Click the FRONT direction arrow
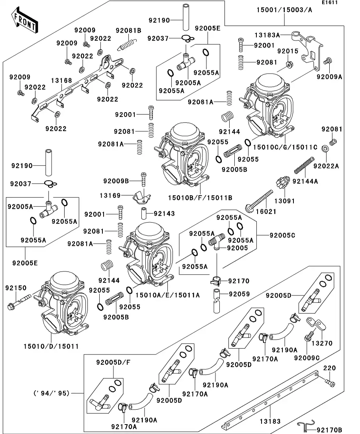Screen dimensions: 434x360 click(x=25, y=22)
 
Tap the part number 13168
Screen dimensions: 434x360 click(x=61, y=81)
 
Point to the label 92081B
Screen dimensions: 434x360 click(x=128, y=30)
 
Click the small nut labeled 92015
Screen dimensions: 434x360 click(x=289, y=64)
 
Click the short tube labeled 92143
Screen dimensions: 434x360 click(x=144, y=214)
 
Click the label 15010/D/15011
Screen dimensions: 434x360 click(x=51, y=346)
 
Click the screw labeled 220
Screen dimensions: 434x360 click(x=329, y=382)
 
